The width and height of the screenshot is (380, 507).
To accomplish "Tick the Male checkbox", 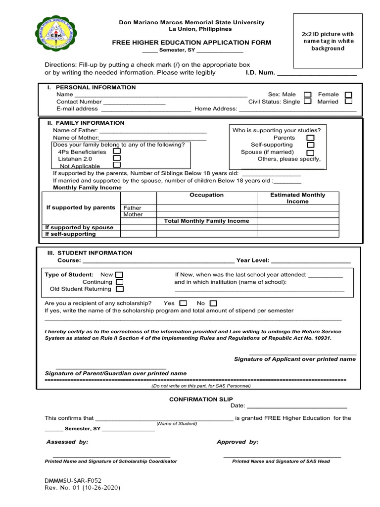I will [x=308, y=95].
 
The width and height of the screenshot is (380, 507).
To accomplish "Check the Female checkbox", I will [x=348, y=95].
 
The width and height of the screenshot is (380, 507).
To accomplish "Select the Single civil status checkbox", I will [x=308, y=101].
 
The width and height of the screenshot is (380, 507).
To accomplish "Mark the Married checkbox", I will [x=348, y=101].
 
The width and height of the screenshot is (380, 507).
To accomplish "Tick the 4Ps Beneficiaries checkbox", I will [x=117, y=152].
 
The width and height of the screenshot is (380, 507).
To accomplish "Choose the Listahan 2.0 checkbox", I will [x=117, y=158].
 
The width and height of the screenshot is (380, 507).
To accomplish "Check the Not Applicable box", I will [x=117, y=165].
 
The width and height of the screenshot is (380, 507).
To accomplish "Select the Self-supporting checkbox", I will [x=311, y=145].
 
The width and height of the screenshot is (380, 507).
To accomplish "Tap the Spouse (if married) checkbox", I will [x=311, y=152].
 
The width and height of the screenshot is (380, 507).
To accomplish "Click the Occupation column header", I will [x=206, y=195].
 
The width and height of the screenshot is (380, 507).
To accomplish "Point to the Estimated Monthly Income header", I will [x=297, y=198].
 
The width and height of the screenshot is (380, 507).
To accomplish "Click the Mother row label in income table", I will [x=133, y=214].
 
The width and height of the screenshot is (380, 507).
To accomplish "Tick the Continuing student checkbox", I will [x=120, y=282].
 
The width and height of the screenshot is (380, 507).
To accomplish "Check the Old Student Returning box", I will [x=120, y=289].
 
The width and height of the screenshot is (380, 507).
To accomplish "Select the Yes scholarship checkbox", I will [x=183, y=303].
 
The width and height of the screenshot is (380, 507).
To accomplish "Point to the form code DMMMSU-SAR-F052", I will [x=73, y=480].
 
